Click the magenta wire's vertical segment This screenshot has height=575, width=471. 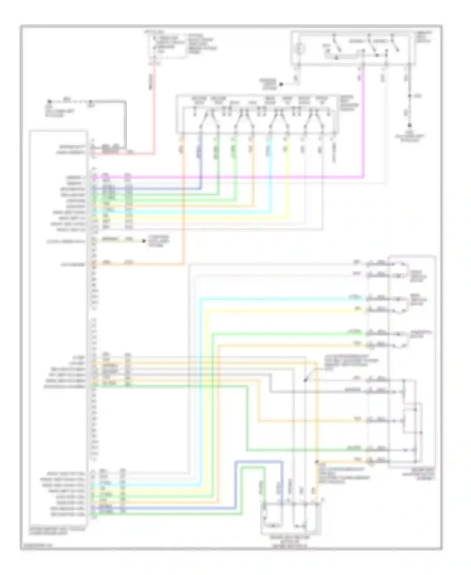click(x=364, y=126)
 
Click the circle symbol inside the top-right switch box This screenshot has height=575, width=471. click(x=300, y=48)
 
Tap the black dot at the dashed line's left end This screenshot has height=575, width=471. click(x=49, y=102)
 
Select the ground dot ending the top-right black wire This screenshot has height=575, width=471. click(x=409, y=125)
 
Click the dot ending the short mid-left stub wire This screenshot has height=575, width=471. click(x=144, y=241)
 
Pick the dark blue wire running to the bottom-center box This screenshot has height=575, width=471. click(x=259, y=461)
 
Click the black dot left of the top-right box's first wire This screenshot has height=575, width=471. click(x=281, y=84)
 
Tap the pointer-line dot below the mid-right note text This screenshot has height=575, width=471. click(x=305, y=380)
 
